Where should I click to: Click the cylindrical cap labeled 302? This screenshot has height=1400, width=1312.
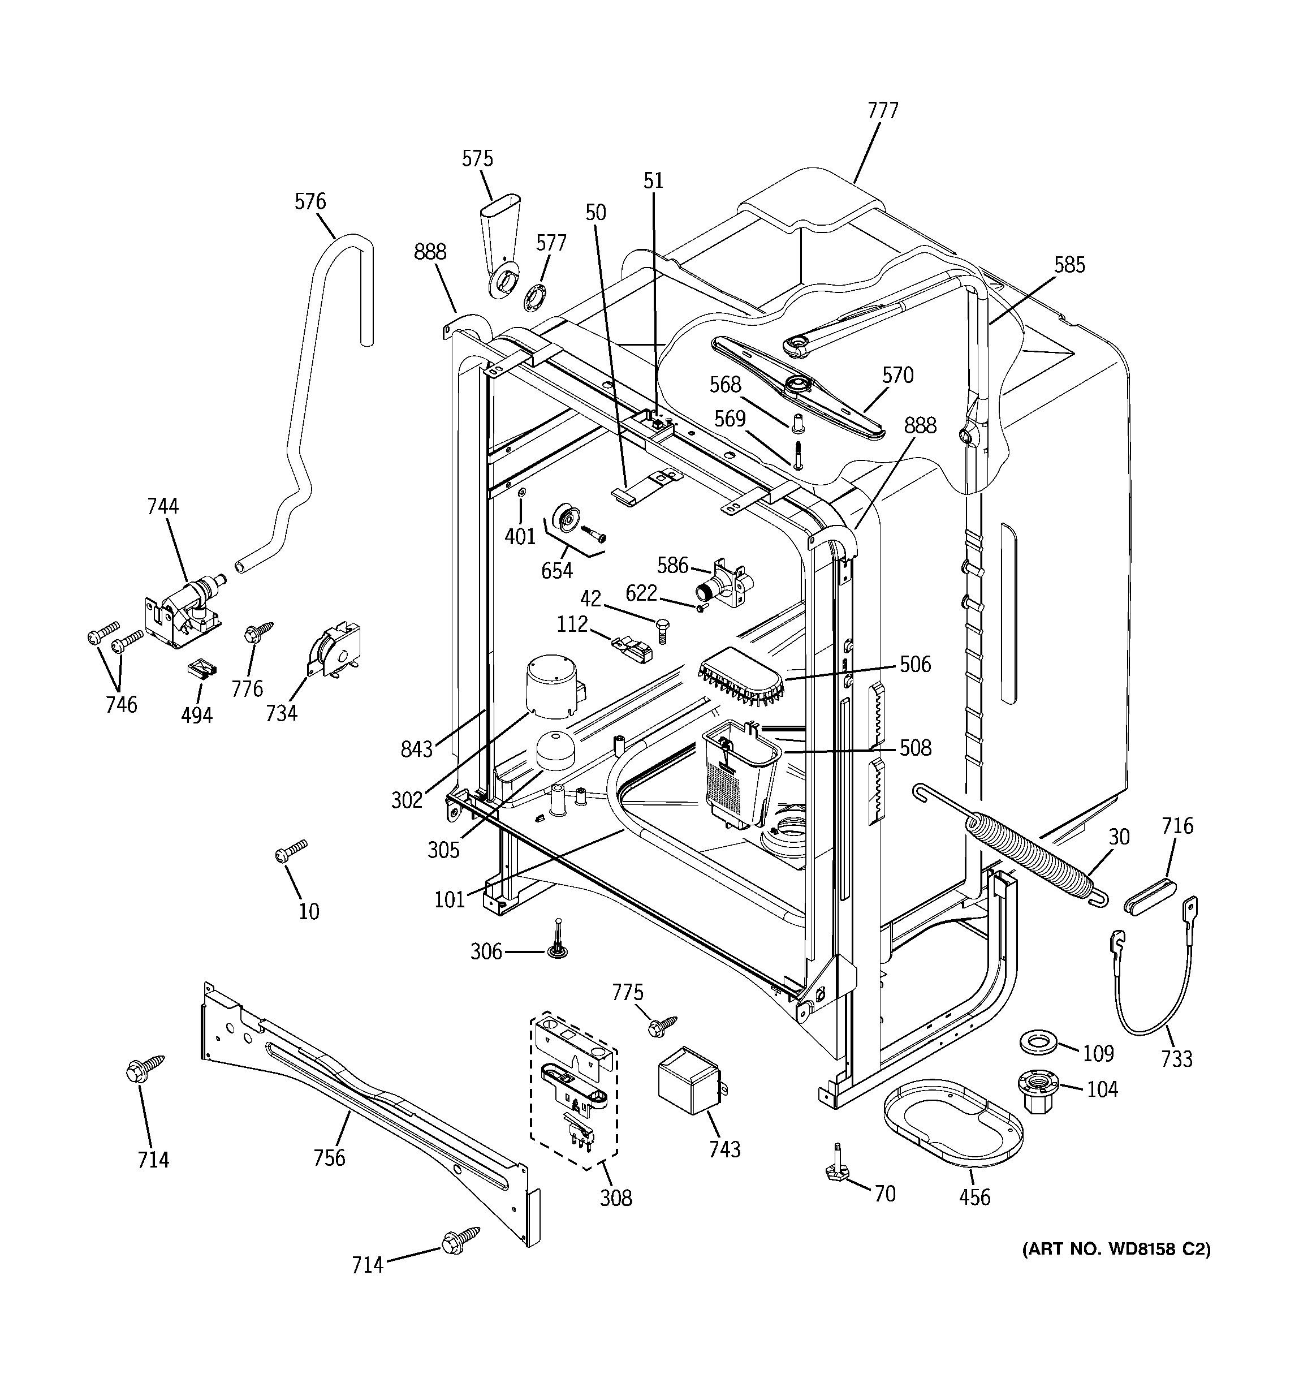(x=553, y=687)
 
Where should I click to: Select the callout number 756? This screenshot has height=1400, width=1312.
(x=329, y=1157)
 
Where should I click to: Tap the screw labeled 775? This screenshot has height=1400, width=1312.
(x=662, y=1024)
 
